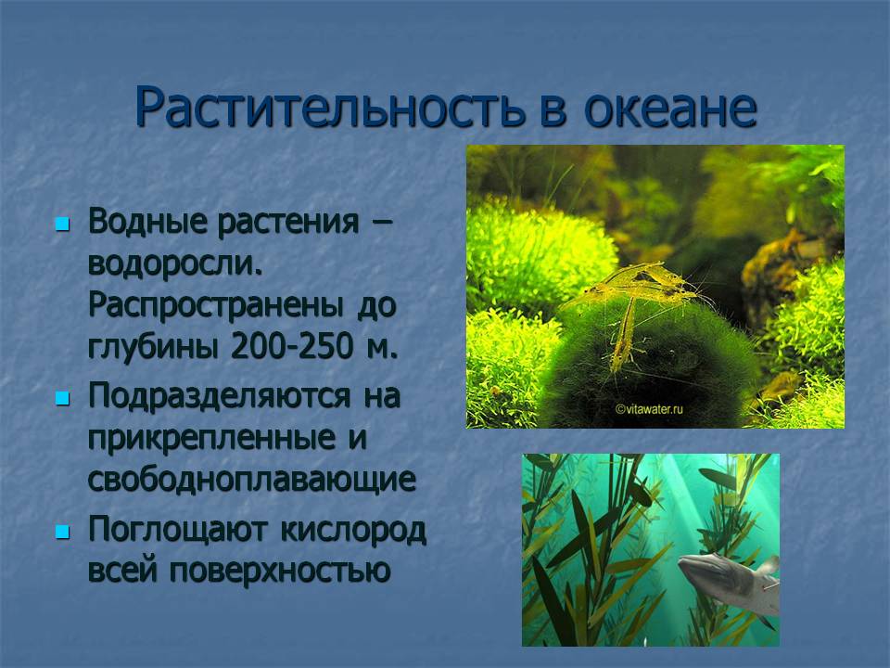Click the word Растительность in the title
[330, 108]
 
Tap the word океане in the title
[670, 108]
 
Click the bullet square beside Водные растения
[62, 224]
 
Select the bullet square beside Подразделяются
[62, 398]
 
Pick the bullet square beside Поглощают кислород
[62, 533]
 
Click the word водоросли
[175, 263]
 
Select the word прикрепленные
[211, 439]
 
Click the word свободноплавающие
[252, 481]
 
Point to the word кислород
[353, 531]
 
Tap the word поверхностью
[280, 570]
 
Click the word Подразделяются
[220, 396]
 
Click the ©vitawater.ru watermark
[649, 408]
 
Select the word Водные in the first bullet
[147, 222]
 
